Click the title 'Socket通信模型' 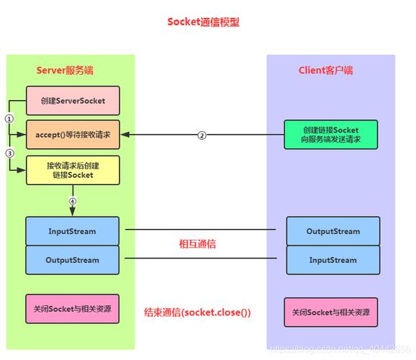(203, 22)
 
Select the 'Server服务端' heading (65, 71)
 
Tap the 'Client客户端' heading (325, 71)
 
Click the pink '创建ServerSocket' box (73, 101)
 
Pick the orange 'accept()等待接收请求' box (73, 135)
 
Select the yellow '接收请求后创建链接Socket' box (73, 171)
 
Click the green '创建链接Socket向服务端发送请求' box (331, 135)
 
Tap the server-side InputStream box (73, 231)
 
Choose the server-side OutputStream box (73, 260)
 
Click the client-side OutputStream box (333, 231)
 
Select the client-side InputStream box (333, 260)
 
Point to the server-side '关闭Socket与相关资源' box (72, 309)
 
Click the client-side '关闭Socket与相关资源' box (330, 312)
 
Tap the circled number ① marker (9, 118)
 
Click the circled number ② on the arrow (202, 135)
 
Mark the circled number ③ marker (9, 153)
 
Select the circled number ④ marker (73, 201)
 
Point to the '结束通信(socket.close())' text (196, 312)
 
